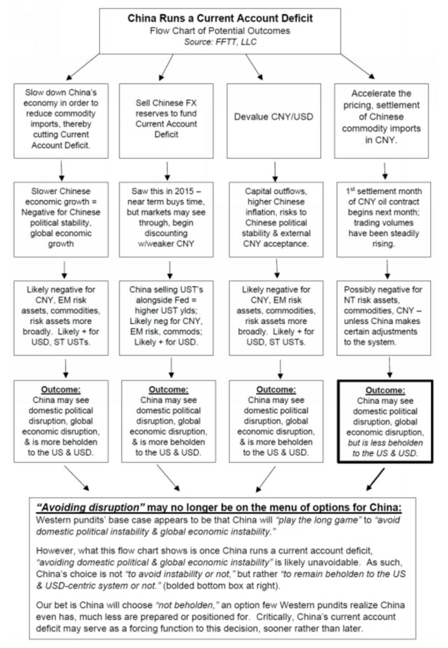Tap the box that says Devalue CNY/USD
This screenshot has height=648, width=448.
(276, 117)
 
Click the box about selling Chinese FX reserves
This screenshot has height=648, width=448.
(167, 117)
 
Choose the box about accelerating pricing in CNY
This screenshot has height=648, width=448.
(385, 117)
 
